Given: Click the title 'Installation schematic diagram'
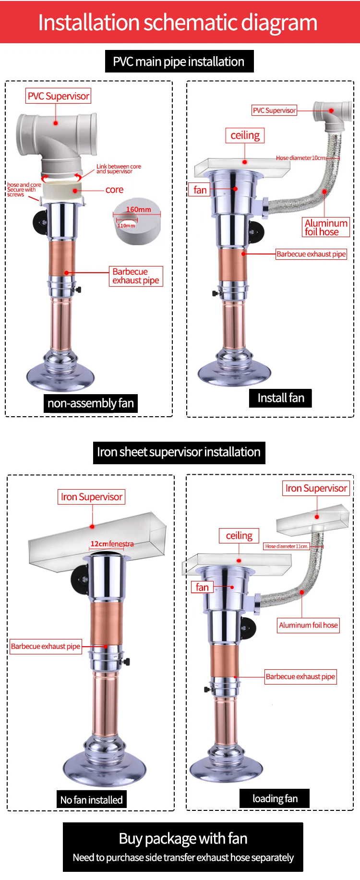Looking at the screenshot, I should click(x=178, y=23).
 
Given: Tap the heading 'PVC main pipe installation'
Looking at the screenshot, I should click(x=179, y=61).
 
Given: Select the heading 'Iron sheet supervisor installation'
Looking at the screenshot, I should click(x=179, y=452).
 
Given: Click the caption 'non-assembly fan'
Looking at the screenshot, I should click(x=90, y=403).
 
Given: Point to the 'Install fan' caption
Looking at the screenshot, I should click(x=281, y=398).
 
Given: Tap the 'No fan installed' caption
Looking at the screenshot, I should click(x=91, y=800).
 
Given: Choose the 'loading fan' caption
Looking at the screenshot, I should click(x=275, y=798).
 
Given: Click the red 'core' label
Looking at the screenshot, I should click(x=114, y=190).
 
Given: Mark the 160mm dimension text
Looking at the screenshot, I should click(x=138, y=209).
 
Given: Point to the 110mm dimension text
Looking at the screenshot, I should click(x=126, y=225).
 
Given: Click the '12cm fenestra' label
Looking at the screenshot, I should click(x=112, y=544).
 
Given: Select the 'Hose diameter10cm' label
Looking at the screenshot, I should click(x=301, y=157).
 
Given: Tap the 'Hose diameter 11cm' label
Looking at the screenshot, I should click(x=287, y=546).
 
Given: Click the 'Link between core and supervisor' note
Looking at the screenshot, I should click(x=118, y=169).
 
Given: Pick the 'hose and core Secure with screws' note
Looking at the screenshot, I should click(x=24, y=190).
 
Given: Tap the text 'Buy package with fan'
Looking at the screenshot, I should click(x=183, y=839).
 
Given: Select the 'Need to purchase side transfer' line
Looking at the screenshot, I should click(x=183, y=857).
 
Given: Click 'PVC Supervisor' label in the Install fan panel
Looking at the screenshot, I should click(x=274, y=110).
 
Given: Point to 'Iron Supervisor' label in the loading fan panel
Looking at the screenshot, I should click(x=316, y=488).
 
